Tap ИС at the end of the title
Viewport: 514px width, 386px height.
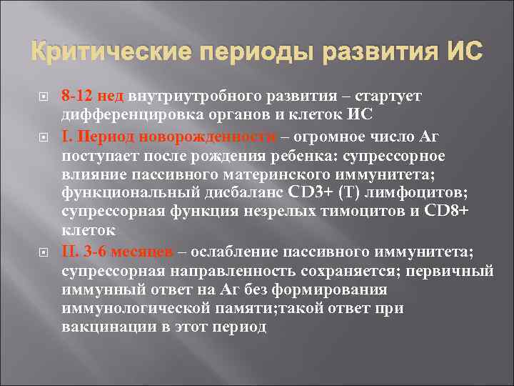[x=463, y=52]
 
